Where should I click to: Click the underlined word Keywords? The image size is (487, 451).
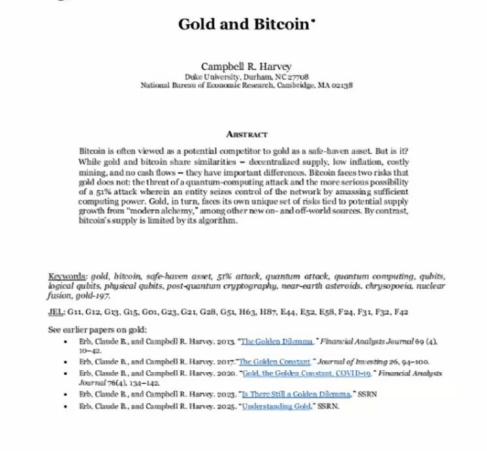[69, 276]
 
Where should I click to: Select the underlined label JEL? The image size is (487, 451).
[56, 312]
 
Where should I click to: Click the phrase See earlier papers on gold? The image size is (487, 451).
[98, 330]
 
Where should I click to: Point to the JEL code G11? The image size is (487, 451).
[75, 312]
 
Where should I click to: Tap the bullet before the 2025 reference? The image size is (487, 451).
[65, 407]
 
